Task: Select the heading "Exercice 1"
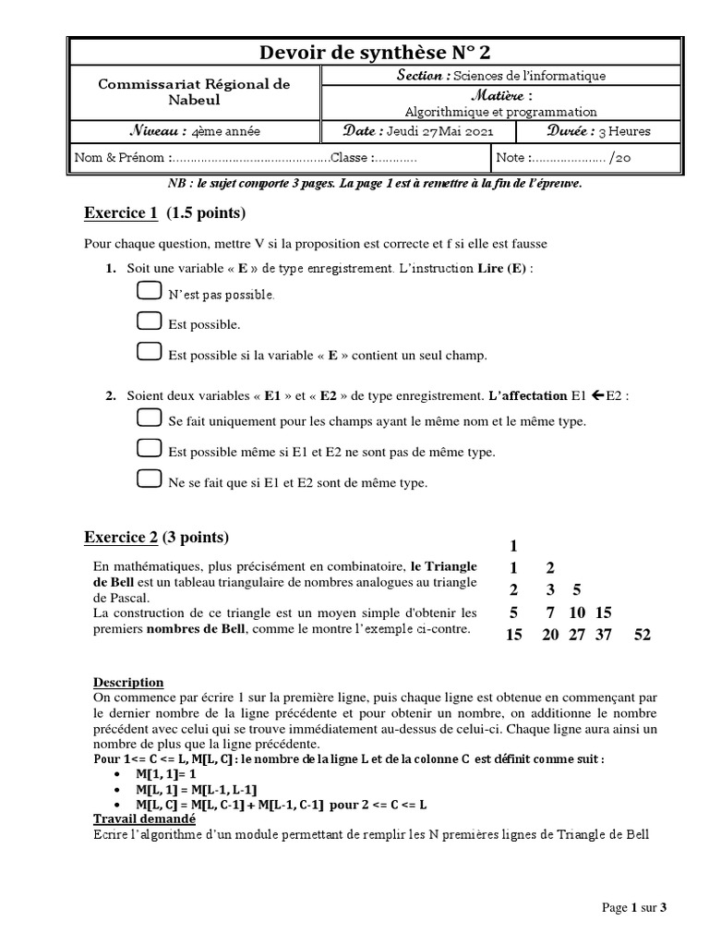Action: coord(121,214)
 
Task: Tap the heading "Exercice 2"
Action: coord(121,538)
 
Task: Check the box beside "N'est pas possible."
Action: coord(148,292)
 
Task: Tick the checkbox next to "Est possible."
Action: coord(148,321)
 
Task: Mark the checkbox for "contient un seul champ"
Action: coord(148,351)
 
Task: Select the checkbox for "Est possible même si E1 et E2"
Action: coord(148,449)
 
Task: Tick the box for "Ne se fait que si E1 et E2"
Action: coord(148,479)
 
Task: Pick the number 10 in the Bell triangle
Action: coord(578,612)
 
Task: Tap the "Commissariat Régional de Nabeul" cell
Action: coord(194,91)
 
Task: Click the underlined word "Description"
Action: coord(128,683)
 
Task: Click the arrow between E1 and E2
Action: coord(598,395)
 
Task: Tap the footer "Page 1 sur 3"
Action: coord(633,908)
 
